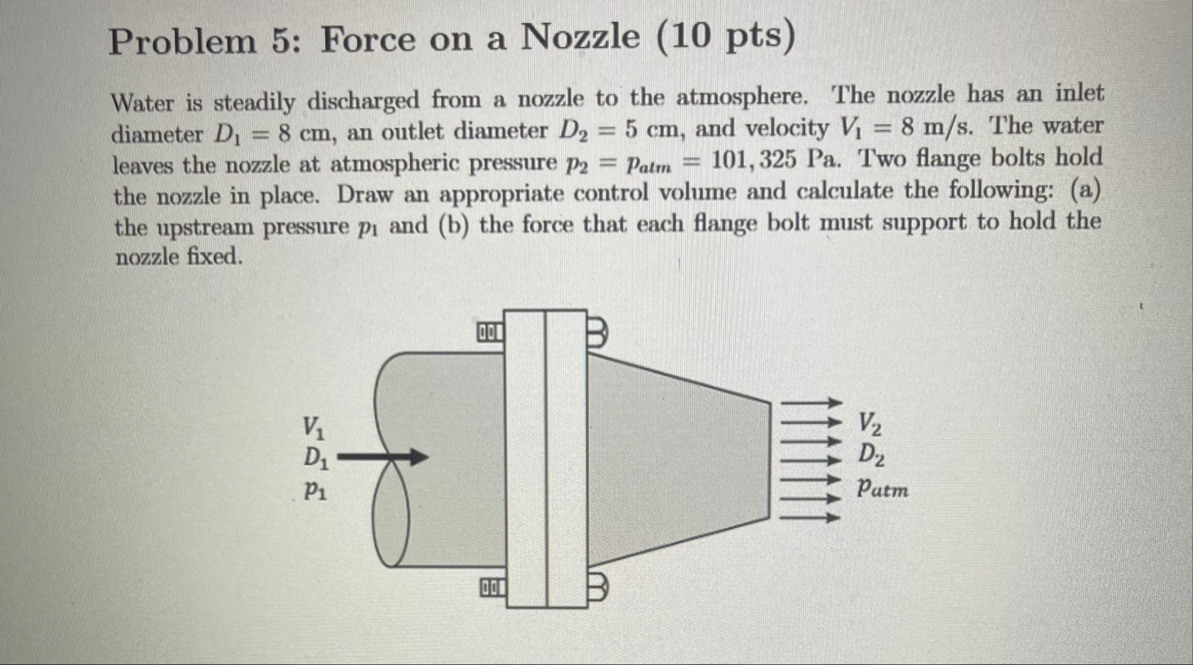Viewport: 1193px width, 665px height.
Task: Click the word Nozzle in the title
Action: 581,37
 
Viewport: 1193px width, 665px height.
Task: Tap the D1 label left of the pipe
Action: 316,459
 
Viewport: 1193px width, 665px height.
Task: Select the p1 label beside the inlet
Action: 315,490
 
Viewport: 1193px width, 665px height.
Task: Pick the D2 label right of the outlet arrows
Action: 871,454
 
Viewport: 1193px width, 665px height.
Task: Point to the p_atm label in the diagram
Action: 882,489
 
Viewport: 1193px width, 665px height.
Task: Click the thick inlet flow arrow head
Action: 417,457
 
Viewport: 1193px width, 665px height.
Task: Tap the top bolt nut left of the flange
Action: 490,332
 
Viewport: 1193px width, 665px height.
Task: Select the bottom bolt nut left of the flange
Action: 492,587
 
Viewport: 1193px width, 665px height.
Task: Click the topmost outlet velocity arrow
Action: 812,402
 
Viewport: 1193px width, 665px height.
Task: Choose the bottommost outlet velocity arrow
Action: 812,516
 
